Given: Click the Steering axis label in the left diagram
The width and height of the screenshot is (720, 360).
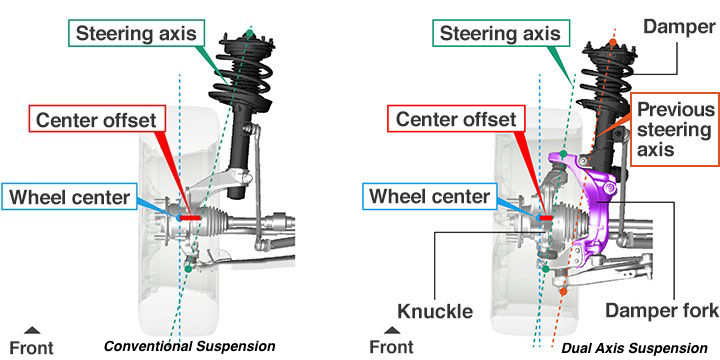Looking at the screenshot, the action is pyautogui.click(x=136, y=34).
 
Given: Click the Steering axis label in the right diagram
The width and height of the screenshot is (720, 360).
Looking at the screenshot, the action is pyautogui.click(x=500, y=34).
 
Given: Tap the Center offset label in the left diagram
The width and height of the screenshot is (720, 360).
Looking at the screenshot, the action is pyautogui.click(x=96, y=120).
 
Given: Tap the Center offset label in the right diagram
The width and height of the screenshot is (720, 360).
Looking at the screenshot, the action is pyautogui.click(x=456, y=120).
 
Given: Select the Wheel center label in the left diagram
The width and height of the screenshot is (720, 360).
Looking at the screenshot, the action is pyautogui.click(x=69, y=197).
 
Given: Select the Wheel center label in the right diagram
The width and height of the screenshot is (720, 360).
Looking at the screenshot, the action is pyautogui.click(x=429, y=197).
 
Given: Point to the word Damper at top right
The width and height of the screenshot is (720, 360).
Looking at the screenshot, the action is pyautogui.click(x=679, y=27).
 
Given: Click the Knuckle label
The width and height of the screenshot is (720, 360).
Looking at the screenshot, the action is pyautogui.click(x=434, y=311).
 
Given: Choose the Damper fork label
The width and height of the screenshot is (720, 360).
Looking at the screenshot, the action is pyautogui.click(x=662, y=310).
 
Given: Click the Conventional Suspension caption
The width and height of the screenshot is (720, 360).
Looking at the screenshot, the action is pyautogui.click(x=190, y=346).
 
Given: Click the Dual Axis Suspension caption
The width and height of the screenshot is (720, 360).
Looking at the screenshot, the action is pyautogui.click(x=635, y=348).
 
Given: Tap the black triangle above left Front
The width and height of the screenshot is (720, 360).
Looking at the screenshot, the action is pyautogui.click(x=32, y=330).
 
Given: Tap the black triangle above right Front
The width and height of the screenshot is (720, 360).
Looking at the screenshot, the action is pyautogui.click(x=392, y=330).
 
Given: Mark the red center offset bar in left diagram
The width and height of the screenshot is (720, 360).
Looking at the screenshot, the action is pyautogui.click(x=190, y=217).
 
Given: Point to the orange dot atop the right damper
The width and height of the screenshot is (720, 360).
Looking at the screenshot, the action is pyautogui.click(x=613, y=43).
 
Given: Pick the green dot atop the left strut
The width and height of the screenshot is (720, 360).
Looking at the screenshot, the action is pyautogui.click(x=249, y=33).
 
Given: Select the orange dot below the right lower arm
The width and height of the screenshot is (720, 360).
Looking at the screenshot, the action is pyautogui.click(x=563, y=291).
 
